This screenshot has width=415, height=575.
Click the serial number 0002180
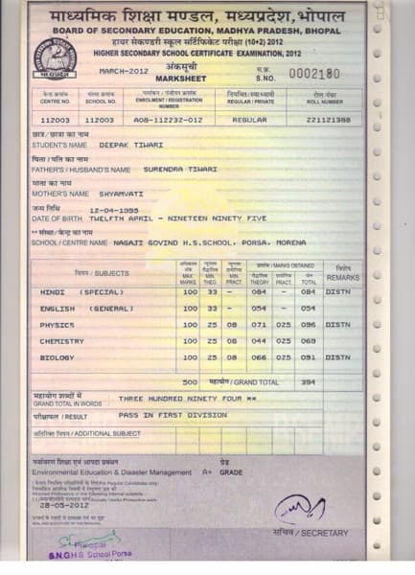313,74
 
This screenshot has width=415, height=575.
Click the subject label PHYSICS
58,324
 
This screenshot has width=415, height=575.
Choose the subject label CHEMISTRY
62,340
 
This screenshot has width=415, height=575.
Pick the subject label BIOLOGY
58,356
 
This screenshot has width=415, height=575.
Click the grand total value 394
308,380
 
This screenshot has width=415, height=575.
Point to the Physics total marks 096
308,324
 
